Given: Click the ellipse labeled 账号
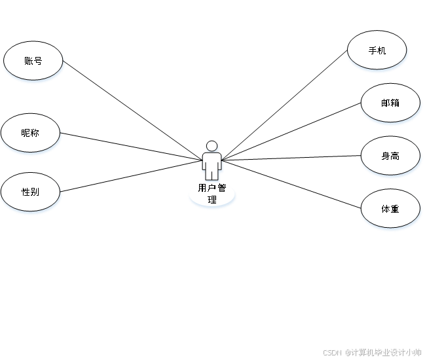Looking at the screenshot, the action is [x=33, y=61].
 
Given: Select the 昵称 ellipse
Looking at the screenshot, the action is [x=30, y=133].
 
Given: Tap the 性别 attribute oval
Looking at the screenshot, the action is [x=30, y=192].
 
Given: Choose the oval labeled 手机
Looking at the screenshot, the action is [x=377, y=50].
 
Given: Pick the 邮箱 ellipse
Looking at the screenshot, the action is [x=390, y=103].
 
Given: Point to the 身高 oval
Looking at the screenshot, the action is [x=390, y=156].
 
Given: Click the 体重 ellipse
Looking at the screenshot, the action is [x=390, y=209].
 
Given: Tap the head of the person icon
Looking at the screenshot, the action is [x=212, y=146].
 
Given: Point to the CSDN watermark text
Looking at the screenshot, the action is [x=332, y=351].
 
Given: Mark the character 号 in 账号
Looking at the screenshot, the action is [x=38, y=61].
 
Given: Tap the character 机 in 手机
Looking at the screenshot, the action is [x=382, y=50].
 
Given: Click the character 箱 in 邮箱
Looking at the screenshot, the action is [x=395, y=103].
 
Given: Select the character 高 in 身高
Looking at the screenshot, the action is [x=395, y=156].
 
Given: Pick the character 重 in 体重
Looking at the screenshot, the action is [x=395, y=209].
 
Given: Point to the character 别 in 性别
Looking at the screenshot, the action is [x=35, y=192].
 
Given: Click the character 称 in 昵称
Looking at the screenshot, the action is [x=35, y=133].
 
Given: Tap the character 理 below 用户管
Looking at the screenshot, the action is [x=212, y=200].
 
